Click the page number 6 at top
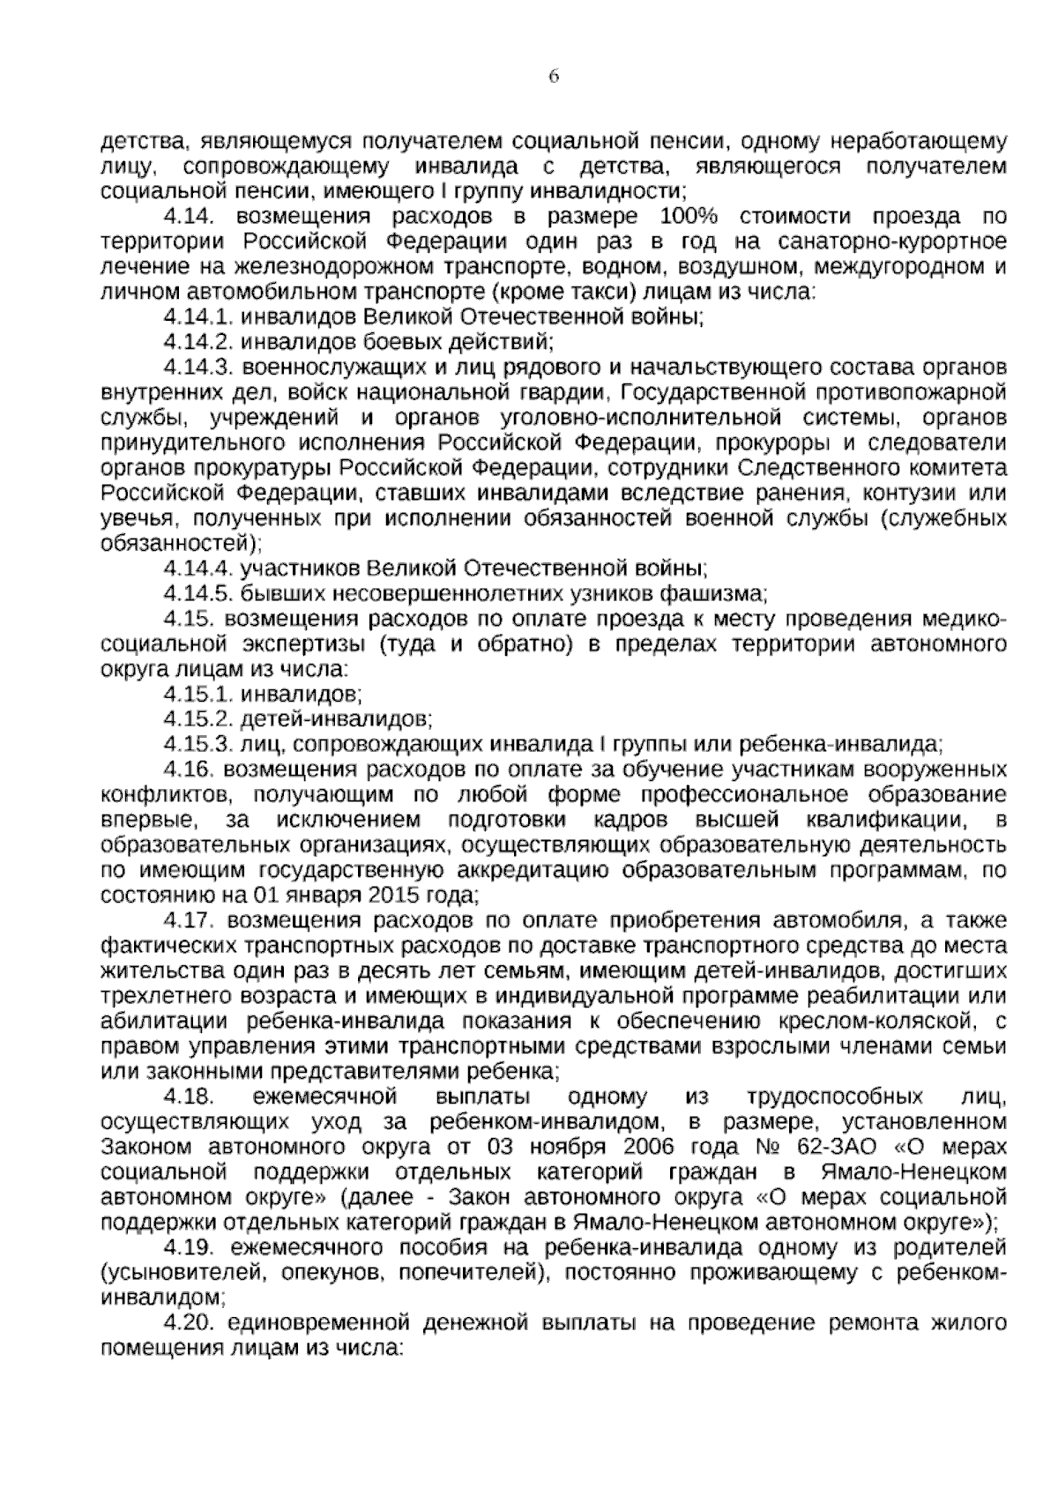[x=554, y=77]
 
